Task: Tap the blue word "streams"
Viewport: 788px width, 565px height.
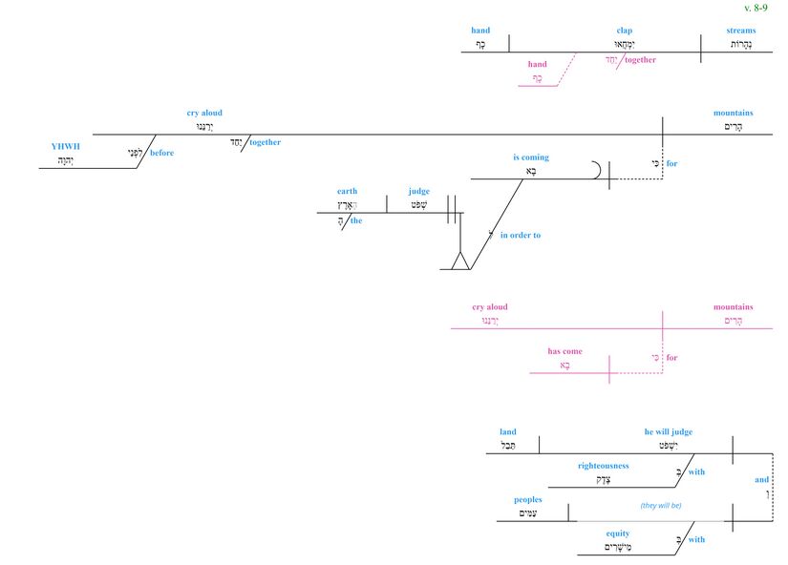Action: point(740,31)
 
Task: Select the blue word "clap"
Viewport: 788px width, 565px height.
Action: point(625,31)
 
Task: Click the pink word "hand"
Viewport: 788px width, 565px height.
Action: point(538,65)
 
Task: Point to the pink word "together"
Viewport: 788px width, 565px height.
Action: point(640,59)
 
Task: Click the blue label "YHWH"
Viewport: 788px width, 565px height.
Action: point(66,147)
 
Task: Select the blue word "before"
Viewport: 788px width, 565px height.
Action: point(161,153)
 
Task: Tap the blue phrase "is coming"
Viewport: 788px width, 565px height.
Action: point(530,157)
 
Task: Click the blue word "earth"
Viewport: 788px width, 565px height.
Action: point(347,191)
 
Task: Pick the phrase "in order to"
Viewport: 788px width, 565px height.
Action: point(521,235)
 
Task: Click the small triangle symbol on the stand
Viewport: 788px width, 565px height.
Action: point(460,261)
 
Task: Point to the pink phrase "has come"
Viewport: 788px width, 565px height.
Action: point(564,351)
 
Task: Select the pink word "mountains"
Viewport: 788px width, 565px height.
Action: point(733,307)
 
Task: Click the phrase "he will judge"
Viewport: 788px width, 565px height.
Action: point(669,431)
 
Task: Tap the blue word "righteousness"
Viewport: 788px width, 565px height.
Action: point(603,466)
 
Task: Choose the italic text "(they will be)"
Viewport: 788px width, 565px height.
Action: point(660,506)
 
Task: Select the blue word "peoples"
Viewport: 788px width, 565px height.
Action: point(527,499)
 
